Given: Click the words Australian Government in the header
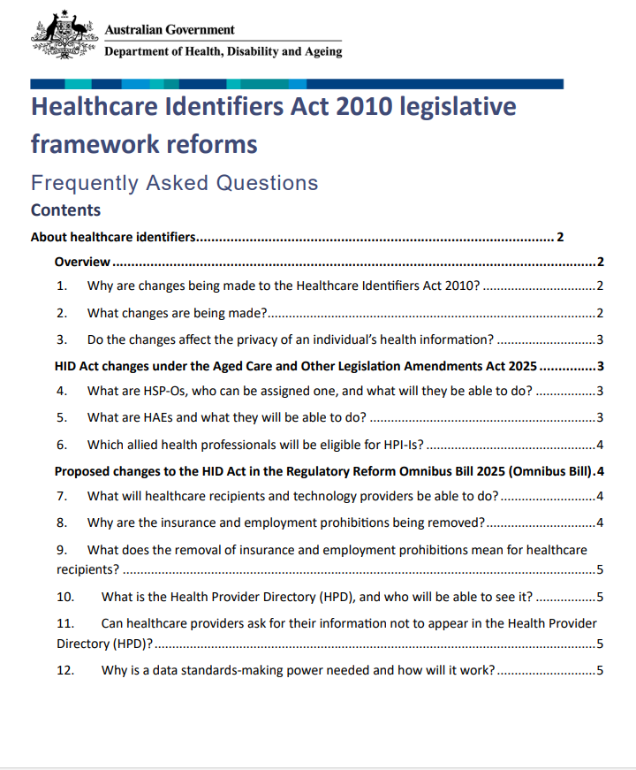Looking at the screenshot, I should [170, 30].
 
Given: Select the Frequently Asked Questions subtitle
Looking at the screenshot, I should [174, 183].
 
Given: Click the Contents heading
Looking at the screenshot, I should [65, 210].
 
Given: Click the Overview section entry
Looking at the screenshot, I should [82, 262].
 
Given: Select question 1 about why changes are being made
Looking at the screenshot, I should [283, 286].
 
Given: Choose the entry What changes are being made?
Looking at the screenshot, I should [177, 313].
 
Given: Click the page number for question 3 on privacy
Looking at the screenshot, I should [600, 339].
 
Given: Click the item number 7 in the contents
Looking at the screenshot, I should [61, 496].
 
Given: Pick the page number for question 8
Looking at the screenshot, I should [600, 522].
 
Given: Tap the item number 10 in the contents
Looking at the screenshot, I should [64, 596].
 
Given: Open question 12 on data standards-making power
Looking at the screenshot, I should [298, 670].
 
